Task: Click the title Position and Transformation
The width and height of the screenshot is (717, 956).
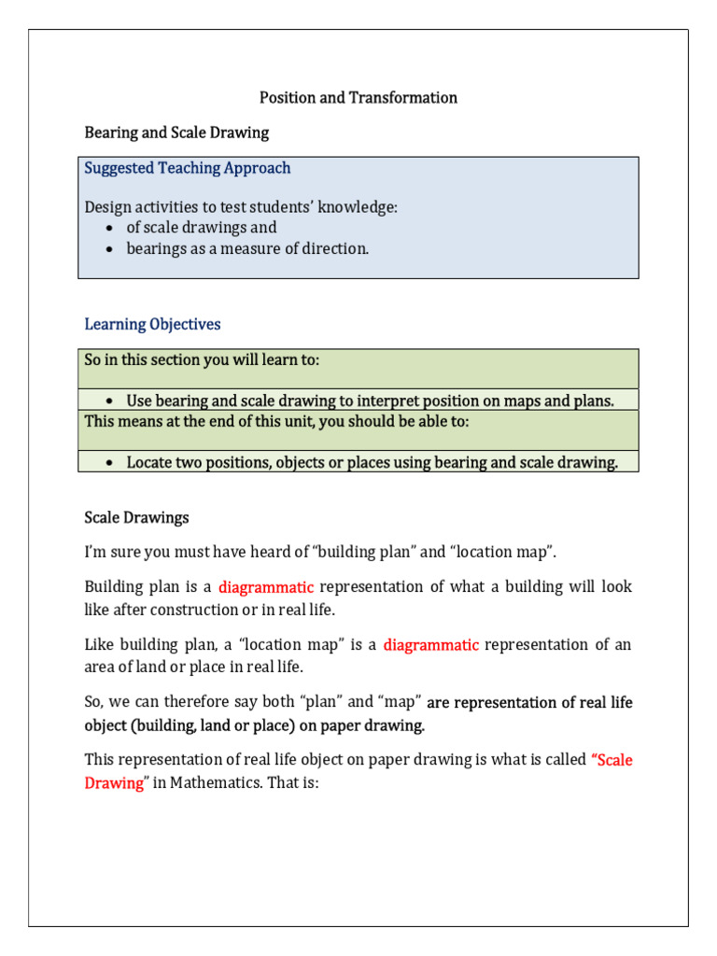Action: pyautogui.click(x=358, y=98)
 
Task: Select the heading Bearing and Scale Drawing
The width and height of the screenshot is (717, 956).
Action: pyautogui.click(x=176, y=133)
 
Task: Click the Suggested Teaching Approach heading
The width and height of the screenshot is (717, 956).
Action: pyautogui.click(x=188, y=168)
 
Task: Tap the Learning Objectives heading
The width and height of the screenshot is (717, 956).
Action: pyautogui.click(x=152, y=325)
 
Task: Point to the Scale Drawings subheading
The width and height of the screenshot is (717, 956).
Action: pyautogui.click(x=136, y=517)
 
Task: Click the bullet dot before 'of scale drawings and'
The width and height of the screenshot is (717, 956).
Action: pyautogui.click(x=110, y=228)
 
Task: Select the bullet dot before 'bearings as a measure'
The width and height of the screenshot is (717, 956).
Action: pyautogui.click(x=110, y=249)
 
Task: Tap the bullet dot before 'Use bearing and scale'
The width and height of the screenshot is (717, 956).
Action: pyautogui.click(x=110, y=401)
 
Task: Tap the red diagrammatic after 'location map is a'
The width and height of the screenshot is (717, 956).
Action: pyautogui.click(x=430, y=645)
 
